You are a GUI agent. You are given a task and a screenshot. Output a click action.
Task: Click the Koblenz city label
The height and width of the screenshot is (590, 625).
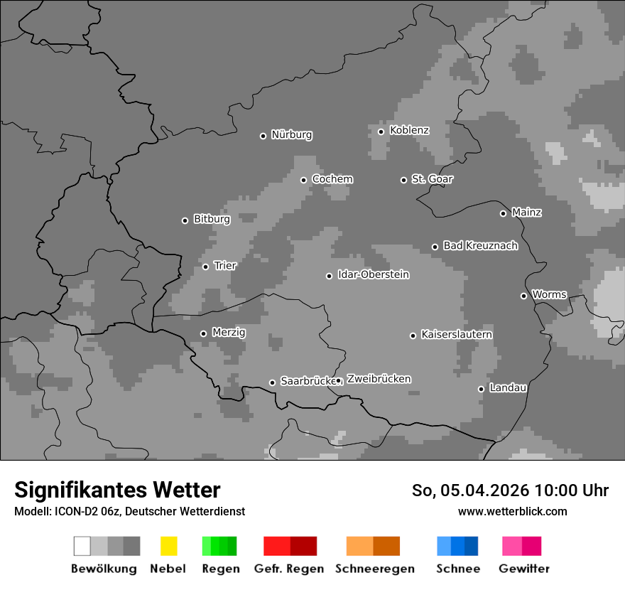coord(410,131)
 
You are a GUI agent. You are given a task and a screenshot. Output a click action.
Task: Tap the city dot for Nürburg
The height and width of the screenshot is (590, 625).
coord(263,136)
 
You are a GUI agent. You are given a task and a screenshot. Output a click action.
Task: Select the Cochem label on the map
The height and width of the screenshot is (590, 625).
coord(332,179)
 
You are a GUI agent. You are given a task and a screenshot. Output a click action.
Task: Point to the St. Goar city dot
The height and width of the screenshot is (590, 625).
coord(403,180)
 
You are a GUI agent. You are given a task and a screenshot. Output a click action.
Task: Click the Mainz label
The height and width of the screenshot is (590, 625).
coord(527,213)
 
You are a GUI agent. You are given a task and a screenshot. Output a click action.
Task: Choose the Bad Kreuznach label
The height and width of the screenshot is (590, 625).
coord(480,246)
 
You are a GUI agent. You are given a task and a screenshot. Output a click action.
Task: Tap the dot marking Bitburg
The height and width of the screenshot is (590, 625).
coord(185,220)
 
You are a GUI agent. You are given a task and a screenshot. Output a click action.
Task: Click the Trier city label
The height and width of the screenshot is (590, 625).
coord(225,266)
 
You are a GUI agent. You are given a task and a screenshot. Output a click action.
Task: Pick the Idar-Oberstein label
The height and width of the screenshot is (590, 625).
coord(374,275)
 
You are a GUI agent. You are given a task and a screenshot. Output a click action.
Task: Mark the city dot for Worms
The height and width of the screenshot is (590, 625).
coord(523,296)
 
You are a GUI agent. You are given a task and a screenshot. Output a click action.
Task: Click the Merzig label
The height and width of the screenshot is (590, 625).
coord(229,333)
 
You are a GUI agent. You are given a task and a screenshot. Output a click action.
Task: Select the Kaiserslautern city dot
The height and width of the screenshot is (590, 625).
coord(413,336)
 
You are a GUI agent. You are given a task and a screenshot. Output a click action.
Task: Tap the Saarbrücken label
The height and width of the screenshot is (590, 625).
coord(308,382)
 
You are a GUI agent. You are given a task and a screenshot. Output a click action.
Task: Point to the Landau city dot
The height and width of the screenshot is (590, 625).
coord(481,389)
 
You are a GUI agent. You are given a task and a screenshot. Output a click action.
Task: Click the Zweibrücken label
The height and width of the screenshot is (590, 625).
coord(379,379)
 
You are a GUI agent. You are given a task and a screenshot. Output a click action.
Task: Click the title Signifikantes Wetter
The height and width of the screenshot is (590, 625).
coord(117,490)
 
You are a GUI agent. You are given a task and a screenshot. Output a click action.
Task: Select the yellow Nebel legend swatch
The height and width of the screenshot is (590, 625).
coord(168,546)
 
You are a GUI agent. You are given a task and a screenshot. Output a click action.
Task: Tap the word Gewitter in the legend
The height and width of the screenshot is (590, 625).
coord(524,569)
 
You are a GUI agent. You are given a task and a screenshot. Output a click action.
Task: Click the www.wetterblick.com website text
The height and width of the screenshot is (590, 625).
coord(512,511)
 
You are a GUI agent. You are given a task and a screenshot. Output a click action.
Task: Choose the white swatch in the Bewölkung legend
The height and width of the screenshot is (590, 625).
coord(82,546)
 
